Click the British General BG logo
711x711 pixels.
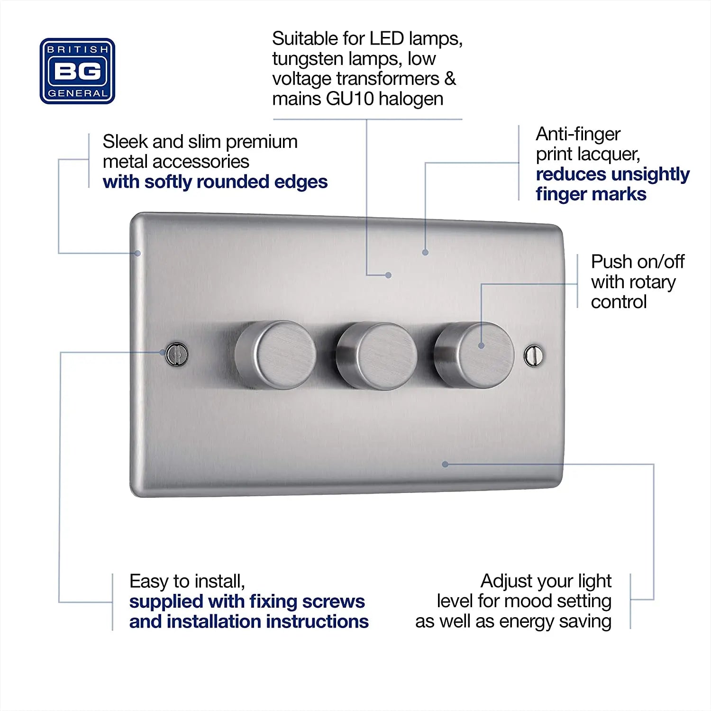[x=77, y=71]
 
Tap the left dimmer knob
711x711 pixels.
[x=276, y=355]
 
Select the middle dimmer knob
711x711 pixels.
[x=377, y=356]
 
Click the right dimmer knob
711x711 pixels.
[x=474, y=354]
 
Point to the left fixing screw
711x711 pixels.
[x=177, y=354]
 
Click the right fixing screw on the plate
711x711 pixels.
[x=534, y=355]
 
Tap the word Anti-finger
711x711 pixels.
[x=578, y=134]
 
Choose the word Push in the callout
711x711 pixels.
[x=611, y=262]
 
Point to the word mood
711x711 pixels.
[x=530, y=601]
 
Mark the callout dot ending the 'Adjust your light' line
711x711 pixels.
[x=445, y=464]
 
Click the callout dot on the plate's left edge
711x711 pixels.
[x=137, y=253]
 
